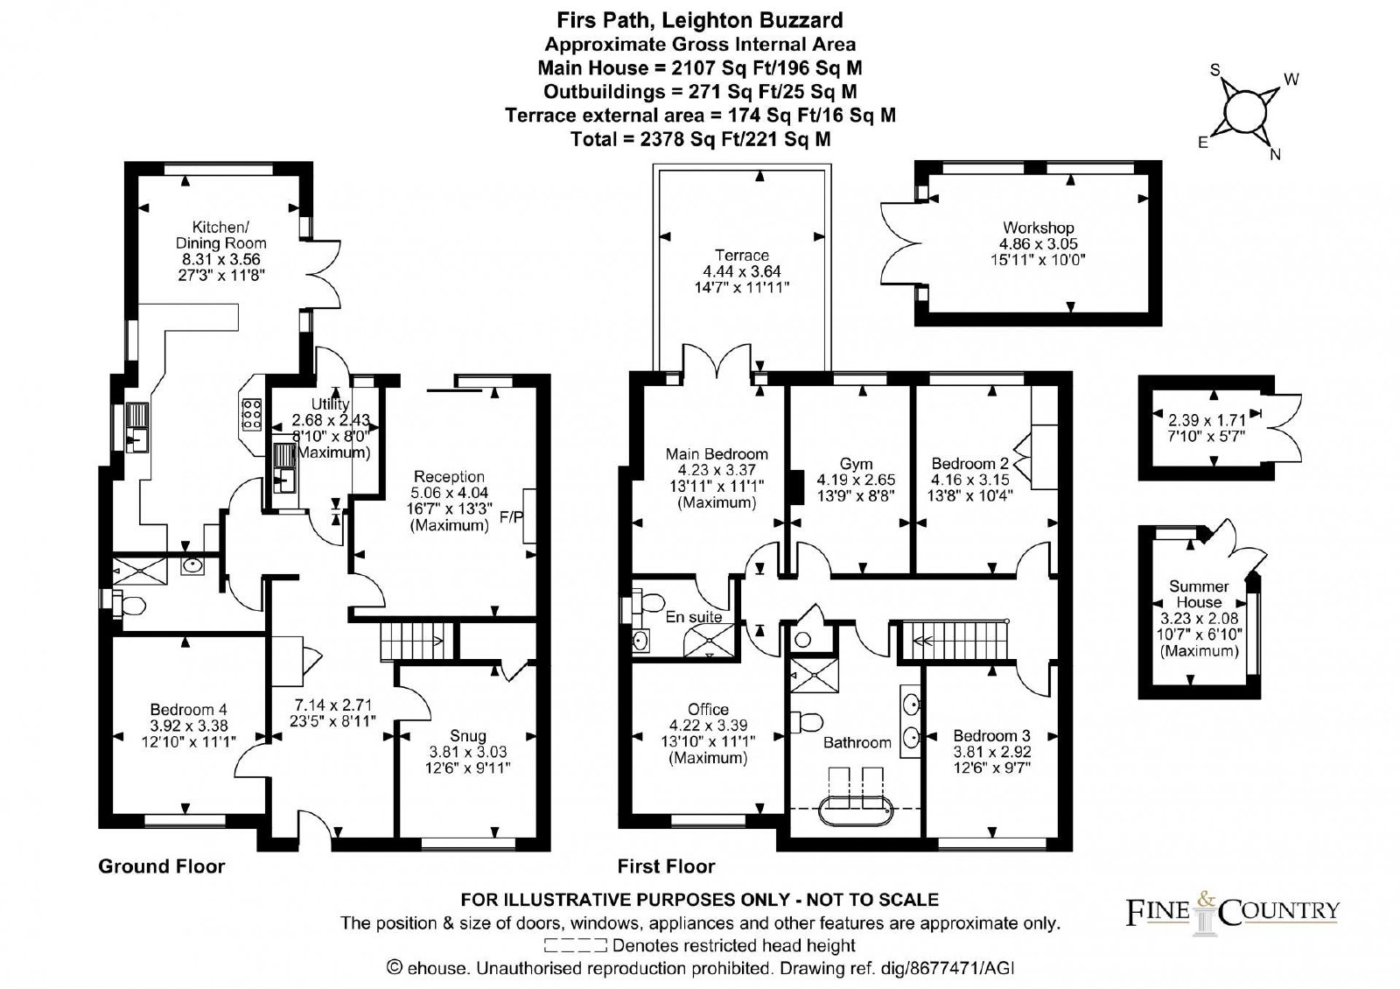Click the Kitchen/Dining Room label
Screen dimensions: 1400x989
click(220, 235)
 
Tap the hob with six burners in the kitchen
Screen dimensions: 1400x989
click(252, 414)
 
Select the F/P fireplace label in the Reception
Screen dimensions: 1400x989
click(511, 517)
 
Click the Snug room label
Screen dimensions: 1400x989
click(467, 736)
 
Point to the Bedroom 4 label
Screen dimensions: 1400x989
click(188, 710)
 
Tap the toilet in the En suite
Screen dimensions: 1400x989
click(648, 603)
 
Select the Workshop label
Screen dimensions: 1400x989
click(1038, 228)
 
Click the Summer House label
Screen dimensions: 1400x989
click(1199, 594)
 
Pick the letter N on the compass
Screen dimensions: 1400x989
click(1276, 154)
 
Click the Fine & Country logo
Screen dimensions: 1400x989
click(1233, 914)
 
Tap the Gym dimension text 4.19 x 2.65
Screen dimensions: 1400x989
click(856, 480)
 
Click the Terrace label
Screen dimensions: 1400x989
click(742, 255)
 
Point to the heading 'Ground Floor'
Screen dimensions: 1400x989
click(161, 866)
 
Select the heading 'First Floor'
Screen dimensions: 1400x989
click(666, 866)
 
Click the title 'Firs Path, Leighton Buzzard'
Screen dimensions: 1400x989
click(700, 21)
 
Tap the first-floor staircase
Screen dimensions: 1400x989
click(955, 640)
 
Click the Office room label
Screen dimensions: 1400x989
click(708, 709)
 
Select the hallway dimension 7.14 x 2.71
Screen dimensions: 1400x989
click(333, 705)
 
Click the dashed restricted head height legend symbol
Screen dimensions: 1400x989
click(575, 945)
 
